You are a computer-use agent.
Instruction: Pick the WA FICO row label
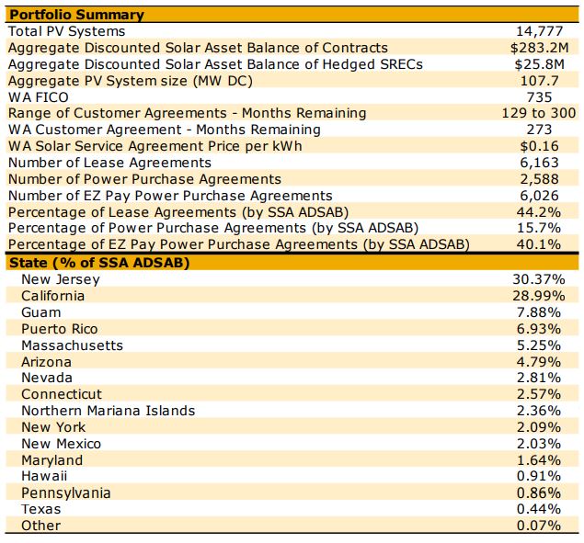click(38, 96)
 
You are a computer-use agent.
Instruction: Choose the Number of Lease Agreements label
click(105, 163)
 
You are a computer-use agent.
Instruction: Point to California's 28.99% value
click(536, 296)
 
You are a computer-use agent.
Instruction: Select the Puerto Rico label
click(59, 329)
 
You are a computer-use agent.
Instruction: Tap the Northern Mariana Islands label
click(108, 411)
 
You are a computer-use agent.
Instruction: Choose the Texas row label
click(40, 509)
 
